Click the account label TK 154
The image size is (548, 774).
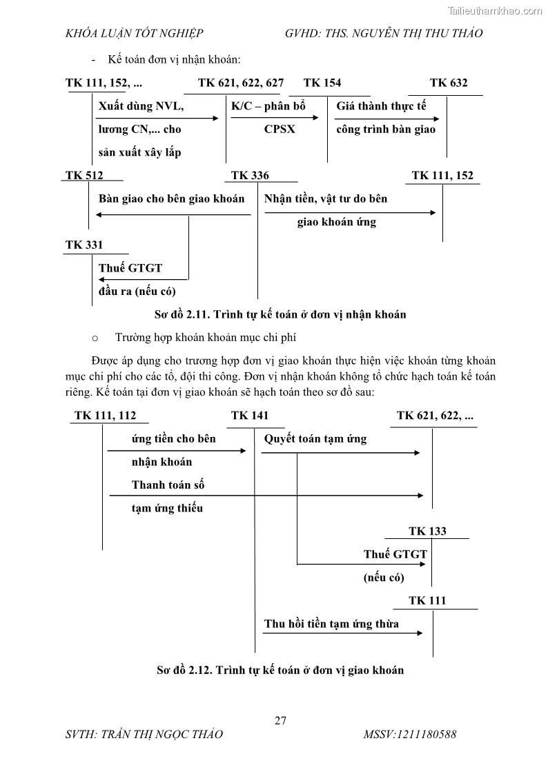point(322,83)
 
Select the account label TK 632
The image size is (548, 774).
point(448,83)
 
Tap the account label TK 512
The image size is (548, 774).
point(84,175)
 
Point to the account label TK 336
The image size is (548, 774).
point(250,175)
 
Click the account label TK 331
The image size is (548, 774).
point(84,245)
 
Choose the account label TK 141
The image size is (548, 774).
point(250,415)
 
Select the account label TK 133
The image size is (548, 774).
point(427,531)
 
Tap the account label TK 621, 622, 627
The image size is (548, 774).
point(240,83)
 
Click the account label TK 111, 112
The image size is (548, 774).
point(105,415)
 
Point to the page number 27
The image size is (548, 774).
point(280,721)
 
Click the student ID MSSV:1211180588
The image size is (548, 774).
point(409,734)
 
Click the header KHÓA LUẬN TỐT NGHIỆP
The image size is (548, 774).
point(134,33)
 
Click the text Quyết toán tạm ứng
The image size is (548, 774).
point(315,438)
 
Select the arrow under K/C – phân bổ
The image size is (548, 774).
point(275,118)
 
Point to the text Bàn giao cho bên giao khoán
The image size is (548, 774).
point(172,198)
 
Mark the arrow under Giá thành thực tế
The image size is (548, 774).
point(386,118)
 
